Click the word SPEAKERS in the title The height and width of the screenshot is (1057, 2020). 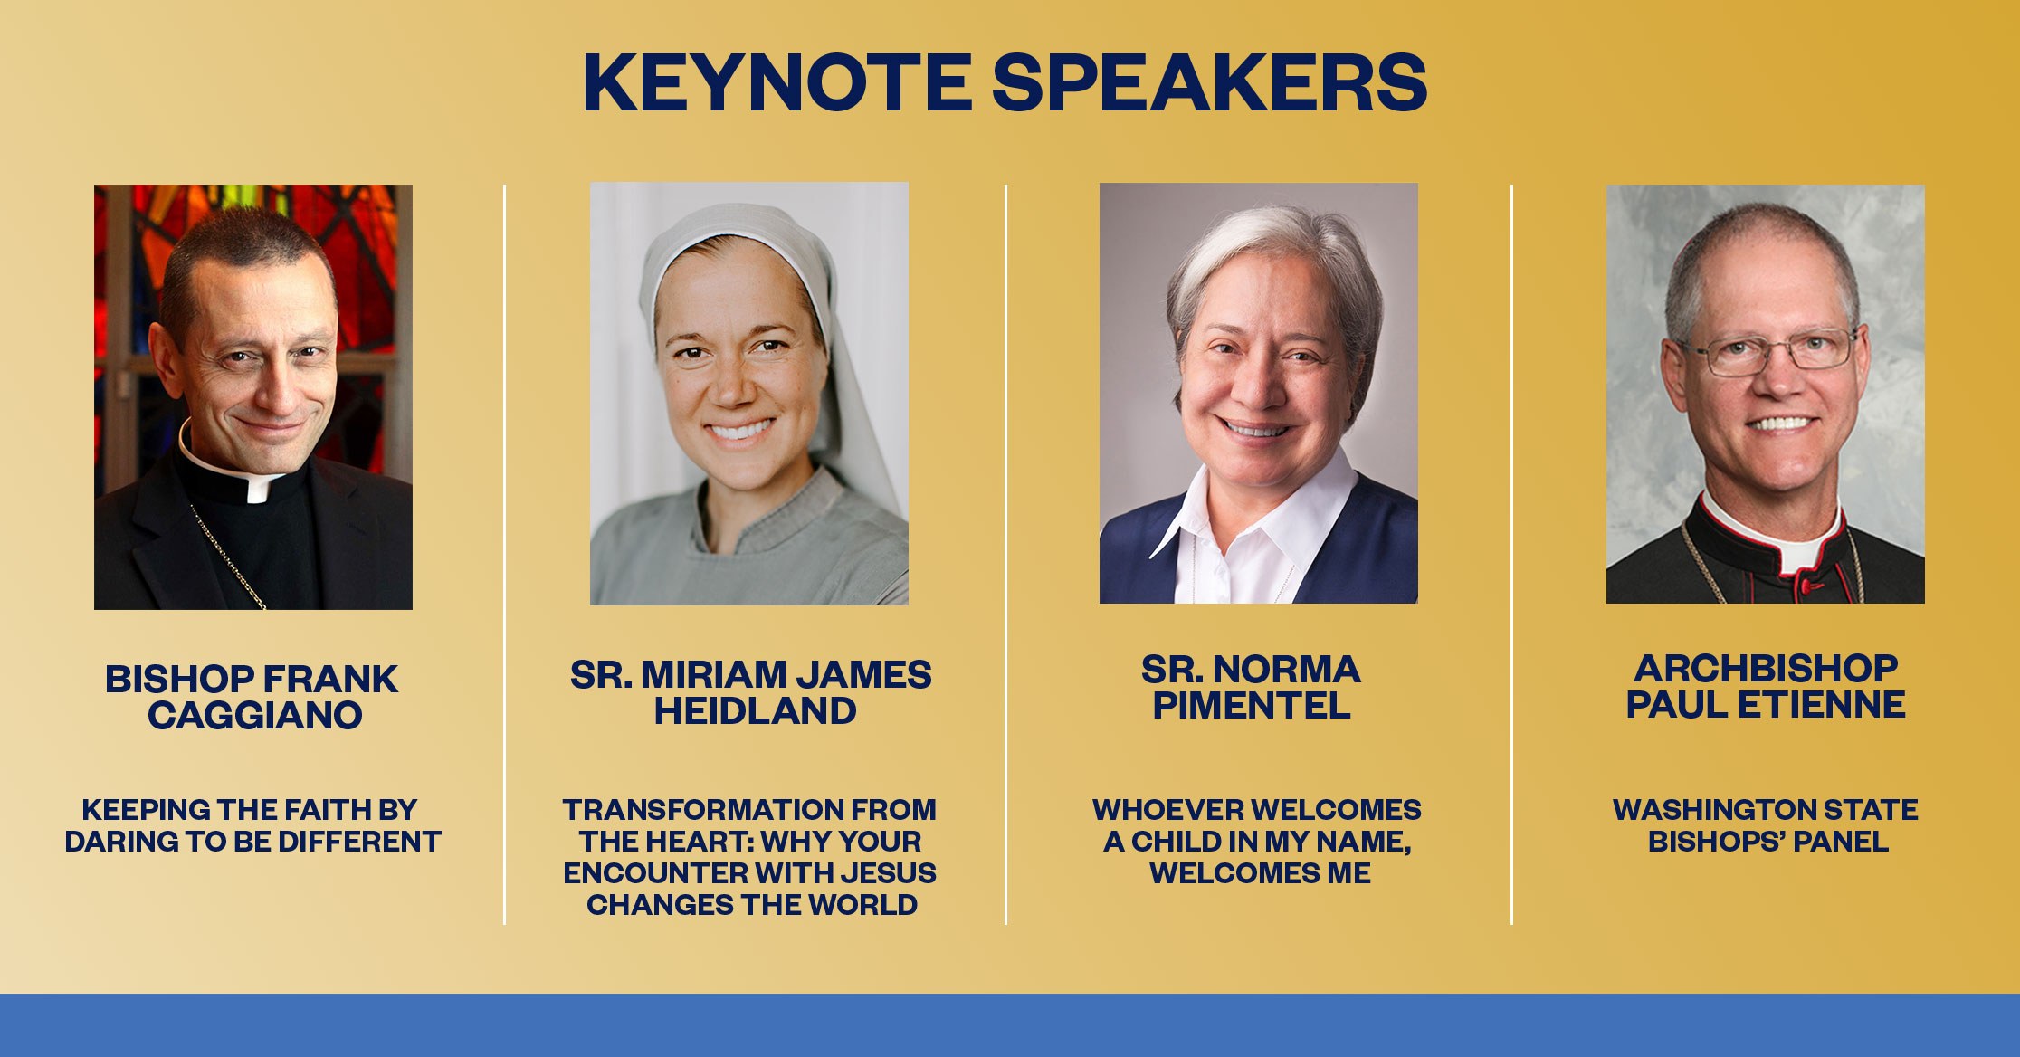coord(1210,82)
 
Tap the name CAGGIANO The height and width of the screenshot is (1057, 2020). coord(255,716)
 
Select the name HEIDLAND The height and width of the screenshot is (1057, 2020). coord(755,711)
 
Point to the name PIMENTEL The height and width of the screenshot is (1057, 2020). coord(1252,705)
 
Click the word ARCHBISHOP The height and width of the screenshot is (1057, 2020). coord(1766,669)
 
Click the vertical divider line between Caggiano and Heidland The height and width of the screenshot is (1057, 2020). coord(505,555)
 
